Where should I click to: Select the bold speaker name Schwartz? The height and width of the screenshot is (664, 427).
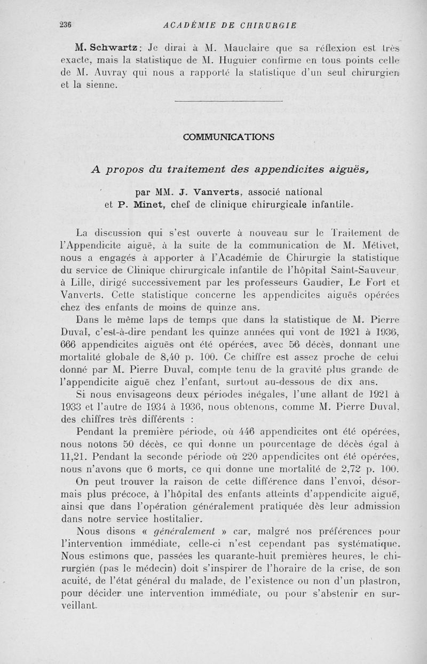(x=112, y=44)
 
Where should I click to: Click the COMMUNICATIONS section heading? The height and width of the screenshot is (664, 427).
(x=228, y=136)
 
